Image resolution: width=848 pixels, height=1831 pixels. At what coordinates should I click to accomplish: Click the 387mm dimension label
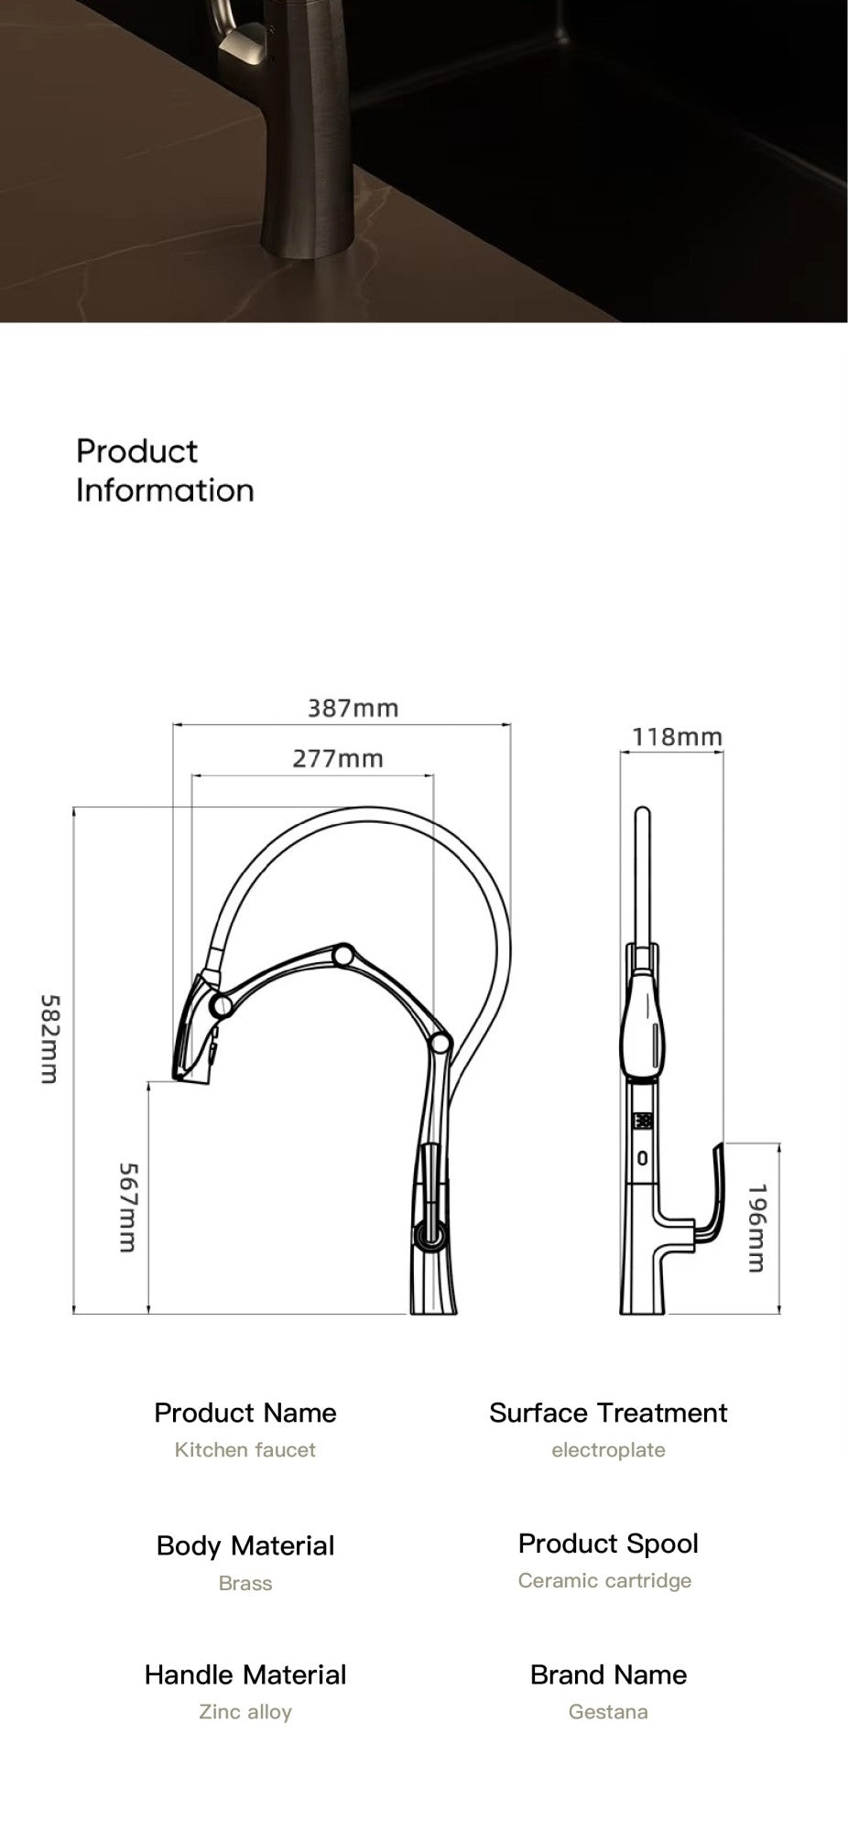coord(353,708)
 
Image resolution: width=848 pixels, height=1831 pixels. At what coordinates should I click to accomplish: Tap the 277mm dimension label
coord(337,758)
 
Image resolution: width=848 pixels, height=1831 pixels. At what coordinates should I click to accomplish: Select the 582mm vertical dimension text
coord(49,1039)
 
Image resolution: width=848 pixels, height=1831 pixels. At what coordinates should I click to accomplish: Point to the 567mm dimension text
coord(127,1208)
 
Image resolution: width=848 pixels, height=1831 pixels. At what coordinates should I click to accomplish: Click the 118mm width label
coord(677,736)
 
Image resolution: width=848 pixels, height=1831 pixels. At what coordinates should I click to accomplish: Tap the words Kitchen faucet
coord(245,1449)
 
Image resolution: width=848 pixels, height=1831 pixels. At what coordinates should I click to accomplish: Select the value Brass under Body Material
coord(245,1583)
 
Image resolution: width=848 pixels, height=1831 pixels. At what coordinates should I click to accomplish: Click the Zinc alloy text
coord(245,1711)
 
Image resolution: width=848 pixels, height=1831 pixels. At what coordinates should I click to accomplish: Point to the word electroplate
coord(608,1449)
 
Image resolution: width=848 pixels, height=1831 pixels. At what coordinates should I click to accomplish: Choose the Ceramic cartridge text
coord(604,1580)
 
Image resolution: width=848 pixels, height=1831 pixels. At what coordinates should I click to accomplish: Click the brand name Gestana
coord(608,1711)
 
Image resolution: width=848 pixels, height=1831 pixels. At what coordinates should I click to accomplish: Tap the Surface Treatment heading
coord(608,1413)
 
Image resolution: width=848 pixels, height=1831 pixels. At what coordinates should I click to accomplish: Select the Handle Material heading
coord(245,1674)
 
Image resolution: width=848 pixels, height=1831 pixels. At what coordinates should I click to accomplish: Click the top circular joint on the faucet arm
coord(344,956)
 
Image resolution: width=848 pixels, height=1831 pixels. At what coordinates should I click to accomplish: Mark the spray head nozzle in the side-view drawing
coord(194,1039)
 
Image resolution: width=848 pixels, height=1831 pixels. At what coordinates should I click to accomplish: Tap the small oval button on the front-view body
coord(643,1158)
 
